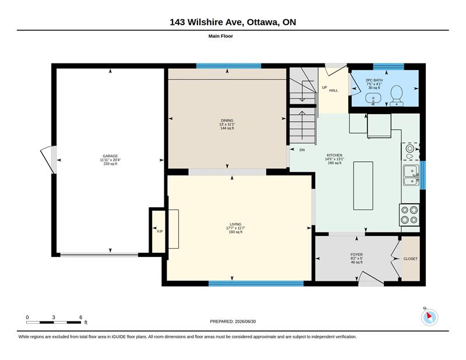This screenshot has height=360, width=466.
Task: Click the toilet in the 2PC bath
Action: point(396,96)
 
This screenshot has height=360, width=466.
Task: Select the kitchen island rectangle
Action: point(363,186)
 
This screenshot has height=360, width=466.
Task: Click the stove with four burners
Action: point(409,214)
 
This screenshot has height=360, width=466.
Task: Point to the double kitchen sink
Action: point(411,175)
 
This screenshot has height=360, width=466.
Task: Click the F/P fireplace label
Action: point(160,231)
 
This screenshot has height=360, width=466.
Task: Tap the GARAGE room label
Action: point(110,156)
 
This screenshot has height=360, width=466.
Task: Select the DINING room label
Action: point(227,121)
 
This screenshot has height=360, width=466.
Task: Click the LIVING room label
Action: point(235,224)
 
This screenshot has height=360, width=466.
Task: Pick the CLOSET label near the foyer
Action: point(411,259)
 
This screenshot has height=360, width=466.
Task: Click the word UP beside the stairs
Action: point(324,87)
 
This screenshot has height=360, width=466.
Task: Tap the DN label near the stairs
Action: point(302,150)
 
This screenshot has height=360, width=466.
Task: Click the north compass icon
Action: point(429,317)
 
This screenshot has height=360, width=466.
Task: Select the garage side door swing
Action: point(48,160)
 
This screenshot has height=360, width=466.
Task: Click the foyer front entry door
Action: point(370,278)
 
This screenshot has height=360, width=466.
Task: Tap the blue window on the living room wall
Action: point(256,284)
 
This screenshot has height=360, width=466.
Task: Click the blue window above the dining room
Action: point(228,66)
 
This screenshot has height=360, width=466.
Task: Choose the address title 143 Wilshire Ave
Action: point(207,22)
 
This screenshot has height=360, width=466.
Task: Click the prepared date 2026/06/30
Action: point(245,322)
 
